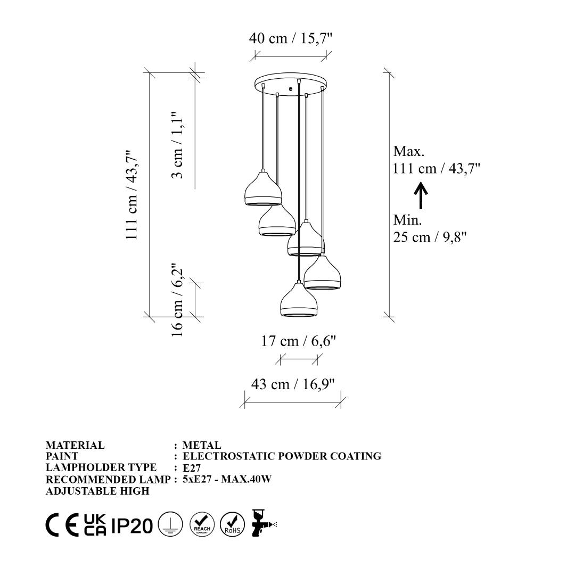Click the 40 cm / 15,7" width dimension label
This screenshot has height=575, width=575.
(x=291, y=38)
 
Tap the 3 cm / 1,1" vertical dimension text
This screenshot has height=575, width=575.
(x=177, y=145)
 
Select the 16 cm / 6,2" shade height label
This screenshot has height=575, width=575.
(x=177, y=300)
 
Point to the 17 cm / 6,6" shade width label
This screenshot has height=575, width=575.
(x=299, y=341)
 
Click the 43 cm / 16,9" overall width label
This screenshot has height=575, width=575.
(x=293, y=384)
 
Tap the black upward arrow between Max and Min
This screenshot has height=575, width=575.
(x=421, y=195)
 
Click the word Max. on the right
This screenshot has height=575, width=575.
(x=408, y=151)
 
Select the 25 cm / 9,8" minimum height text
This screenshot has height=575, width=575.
(x=430, y=237)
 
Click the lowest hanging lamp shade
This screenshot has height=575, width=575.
(x=299, y=299)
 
